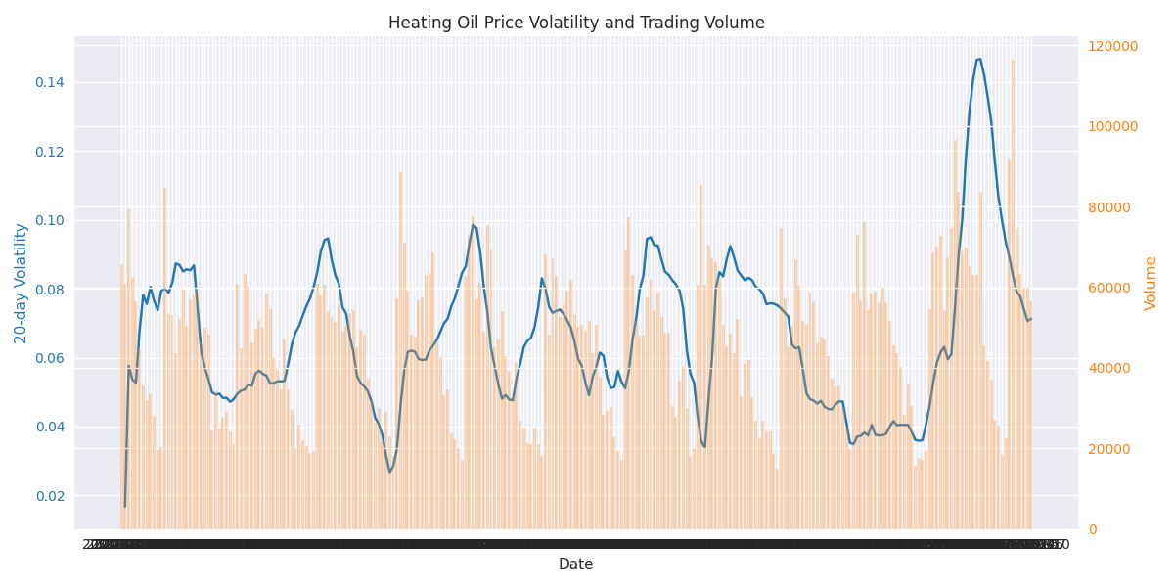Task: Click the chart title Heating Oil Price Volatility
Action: [576, 23]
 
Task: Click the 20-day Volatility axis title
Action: [22, 283]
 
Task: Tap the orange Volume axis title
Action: [1151, 283]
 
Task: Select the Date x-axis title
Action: [575, 564]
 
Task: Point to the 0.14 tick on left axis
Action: [51, 82]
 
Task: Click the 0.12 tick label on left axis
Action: [51, 152]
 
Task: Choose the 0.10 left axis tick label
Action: [51, 220]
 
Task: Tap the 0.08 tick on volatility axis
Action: [51, 290]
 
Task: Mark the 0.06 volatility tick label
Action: [51, 358]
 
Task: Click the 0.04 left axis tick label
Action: [51, 427]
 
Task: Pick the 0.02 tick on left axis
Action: [51, 496]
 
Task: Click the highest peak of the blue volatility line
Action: [978, 59]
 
